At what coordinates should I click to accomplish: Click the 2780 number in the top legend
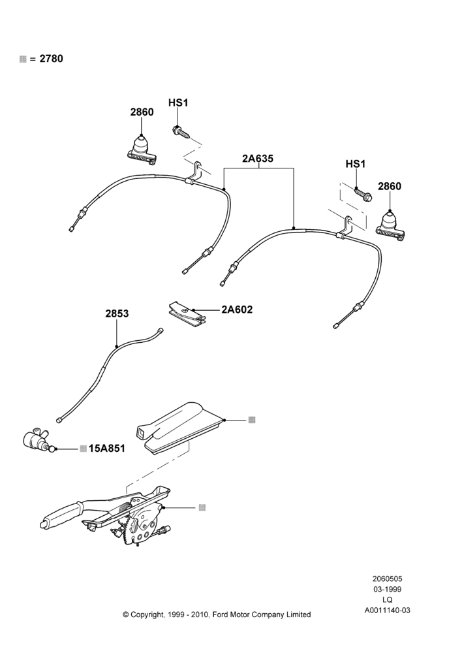coord(51,59)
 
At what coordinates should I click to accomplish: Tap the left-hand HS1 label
coord(178,103)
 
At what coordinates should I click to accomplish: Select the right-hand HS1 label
coord(356,164)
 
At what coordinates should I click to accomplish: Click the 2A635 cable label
coord(258,159)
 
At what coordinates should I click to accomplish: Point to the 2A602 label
coord(238,310)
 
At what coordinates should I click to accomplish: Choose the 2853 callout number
coord(117,313)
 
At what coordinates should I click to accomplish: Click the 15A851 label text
coord(106,449)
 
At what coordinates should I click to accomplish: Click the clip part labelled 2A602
coord(187,312)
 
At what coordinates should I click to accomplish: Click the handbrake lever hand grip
coord(61,517)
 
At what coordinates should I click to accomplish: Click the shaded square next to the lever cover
coord(251,420)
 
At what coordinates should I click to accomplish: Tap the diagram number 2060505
coord(387,579)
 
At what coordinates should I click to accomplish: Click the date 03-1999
coord(387,589)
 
